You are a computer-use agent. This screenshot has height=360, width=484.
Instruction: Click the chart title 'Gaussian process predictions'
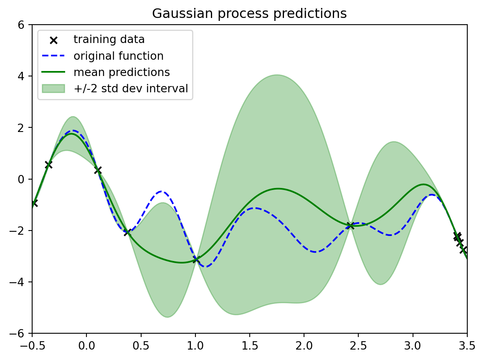coord(249,14)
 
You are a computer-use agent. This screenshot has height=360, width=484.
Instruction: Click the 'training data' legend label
coord(109,40)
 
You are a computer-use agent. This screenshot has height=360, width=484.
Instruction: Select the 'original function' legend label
coord(119,56)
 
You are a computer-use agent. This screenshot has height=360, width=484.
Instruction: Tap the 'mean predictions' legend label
coord(122,72)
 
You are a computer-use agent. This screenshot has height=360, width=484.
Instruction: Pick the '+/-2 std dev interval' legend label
coord(131,89)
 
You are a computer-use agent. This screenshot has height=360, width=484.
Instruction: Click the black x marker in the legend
coord(54,40)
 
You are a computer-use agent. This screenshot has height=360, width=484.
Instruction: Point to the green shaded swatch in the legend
coord(53,89)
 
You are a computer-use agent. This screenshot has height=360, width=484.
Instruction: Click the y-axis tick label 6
coord(21,25)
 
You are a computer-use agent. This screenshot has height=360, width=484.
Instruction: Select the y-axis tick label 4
coord(21,76)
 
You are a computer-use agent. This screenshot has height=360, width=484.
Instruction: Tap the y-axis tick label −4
coord(17,282)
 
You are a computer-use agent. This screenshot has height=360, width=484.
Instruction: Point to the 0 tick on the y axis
coord(21,180)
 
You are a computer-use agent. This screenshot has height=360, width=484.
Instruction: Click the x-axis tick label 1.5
coord(250,345)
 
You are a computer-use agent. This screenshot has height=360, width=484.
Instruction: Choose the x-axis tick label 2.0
coord(304,345)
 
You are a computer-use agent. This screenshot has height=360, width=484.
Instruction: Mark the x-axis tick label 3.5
coord(467,345)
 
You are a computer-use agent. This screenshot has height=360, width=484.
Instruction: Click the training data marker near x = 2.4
coord(350,226)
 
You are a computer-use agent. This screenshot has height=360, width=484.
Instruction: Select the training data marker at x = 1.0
coord(196,260)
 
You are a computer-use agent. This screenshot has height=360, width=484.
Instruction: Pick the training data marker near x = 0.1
coord(98,170)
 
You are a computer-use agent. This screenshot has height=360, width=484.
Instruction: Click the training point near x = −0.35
coord(48,165)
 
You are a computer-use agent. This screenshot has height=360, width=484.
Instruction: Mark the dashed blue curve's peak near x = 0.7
coord(162,192)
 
